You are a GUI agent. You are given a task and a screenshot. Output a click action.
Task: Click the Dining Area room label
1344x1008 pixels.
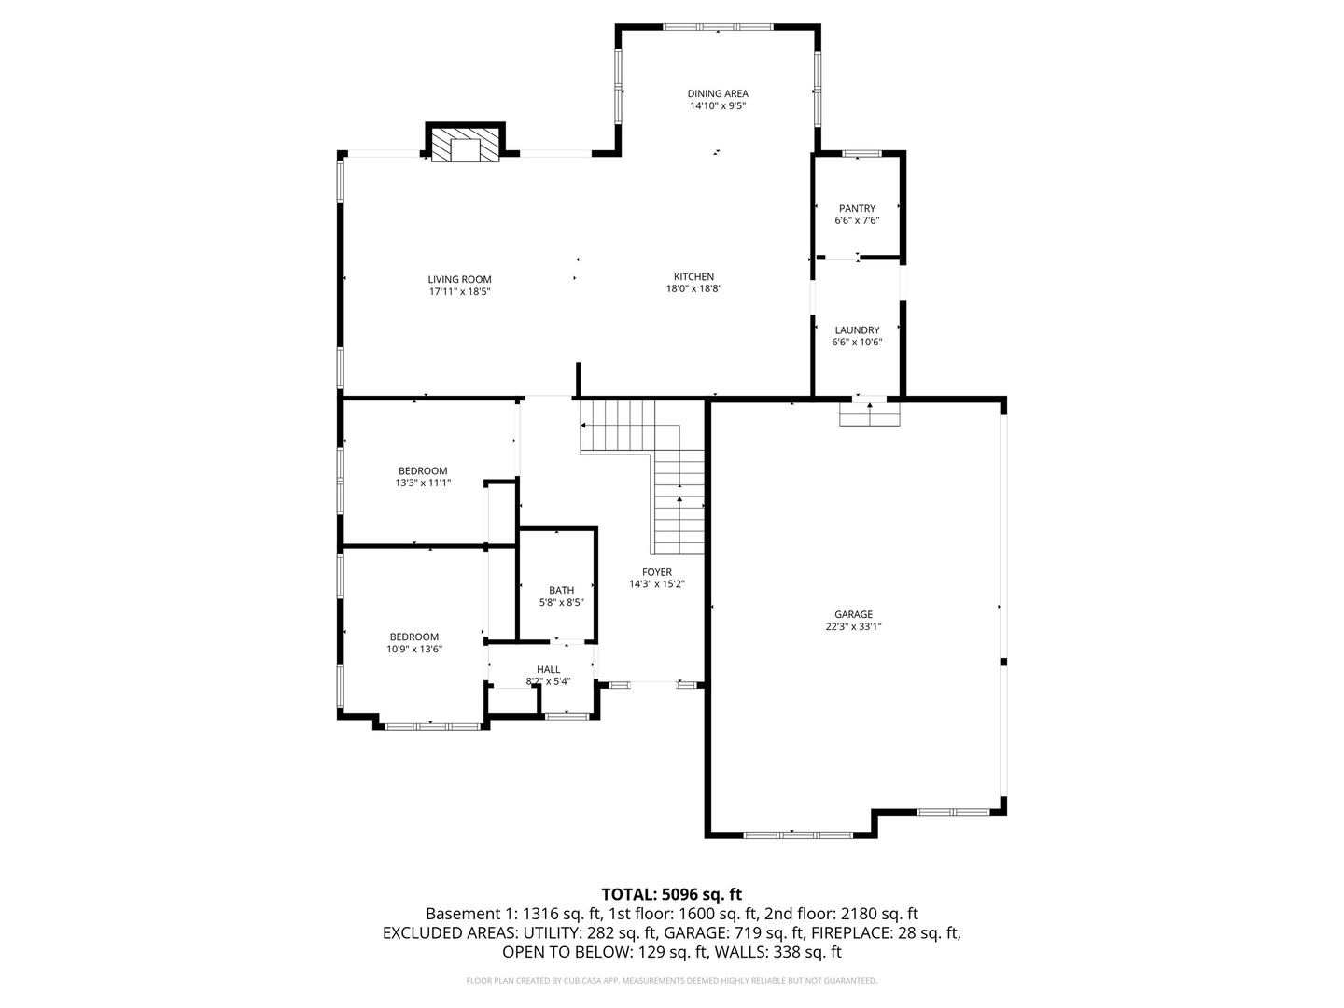point(717,93)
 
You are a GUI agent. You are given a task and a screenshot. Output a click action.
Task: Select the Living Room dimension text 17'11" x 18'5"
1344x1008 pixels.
point(459,292)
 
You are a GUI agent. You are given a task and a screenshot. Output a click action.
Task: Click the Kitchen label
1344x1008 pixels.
point(693,276)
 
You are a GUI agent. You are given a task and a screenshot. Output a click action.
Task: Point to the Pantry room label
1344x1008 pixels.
point(857,208)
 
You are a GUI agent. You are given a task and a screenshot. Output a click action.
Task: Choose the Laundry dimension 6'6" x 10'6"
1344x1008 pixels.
point(857,343)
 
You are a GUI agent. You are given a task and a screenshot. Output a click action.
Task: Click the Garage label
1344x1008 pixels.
point(853,614)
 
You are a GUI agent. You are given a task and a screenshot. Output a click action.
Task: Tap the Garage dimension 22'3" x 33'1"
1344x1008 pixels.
point(853,627)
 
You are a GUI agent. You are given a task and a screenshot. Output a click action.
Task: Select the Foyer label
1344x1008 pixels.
point(656,572)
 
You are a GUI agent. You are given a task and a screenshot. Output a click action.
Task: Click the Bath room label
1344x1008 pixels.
point(561,590)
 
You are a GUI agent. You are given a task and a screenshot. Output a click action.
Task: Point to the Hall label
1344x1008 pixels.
point(548,669)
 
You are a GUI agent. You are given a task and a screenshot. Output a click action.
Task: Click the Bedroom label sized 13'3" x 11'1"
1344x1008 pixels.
point(423,470)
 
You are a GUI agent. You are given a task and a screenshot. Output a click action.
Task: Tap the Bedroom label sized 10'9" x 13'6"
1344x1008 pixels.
point(413,637)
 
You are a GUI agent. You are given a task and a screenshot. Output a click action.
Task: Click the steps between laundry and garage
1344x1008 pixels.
point(869,414)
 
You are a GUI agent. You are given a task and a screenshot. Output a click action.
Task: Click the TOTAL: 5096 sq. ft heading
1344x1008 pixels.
point(671,894)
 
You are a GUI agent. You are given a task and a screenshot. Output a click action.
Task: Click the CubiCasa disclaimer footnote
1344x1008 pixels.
point(671,981)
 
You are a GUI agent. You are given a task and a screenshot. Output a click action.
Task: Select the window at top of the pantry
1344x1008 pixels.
point(860,153)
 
